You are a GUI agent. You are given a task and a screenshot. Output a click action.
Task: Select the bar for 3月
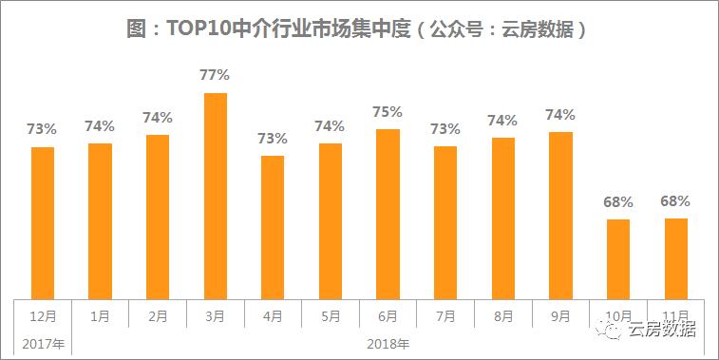(x=216, y=195)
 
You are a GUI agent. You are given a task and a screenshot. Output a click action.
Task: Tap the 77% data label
(x=216, y=74)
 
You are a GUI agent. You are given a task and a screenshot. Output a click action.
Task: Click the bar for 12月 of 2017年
(x=43, y=222)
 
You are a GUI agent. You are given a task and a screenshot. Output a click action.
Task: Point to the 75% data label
(x=388, y=111)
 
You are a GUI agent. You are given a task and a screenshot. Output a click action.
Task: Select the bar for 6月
(x=388, y=213)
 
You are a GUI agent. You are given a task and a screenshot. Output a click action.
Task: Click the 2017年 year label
(x=42, y=342)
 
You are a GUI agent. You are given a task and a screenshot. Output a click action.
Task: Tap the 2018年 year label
(x=388, y=342)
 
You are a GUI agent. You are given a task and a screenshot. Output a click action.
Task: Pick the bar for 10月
(x=618, y=258)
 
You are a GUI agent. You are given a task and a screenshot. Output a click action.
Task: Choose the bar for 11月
(x=676, y=258)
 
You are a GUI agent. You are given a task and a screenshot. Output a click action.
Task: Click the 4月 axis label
(x=273, y=314)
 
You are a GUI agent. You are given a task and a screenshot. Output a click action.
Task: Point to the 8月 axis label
(x=503, y=314)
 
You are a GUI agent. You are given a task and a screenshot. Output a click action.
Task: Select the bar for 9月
(x=560, y=215)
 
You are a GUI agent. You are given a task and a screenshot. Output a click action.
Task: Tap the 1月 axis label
(x=100, y=314)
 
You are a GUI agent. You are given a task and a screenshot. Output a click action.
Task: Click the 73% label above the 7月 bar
(x=445, y=128)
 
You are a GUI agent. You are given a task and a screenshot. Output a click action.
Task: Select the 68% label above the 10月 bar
(x=618, y=201)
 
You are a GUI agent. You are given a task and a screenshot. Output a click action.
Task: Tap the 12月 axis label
(x=43, y=314)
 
